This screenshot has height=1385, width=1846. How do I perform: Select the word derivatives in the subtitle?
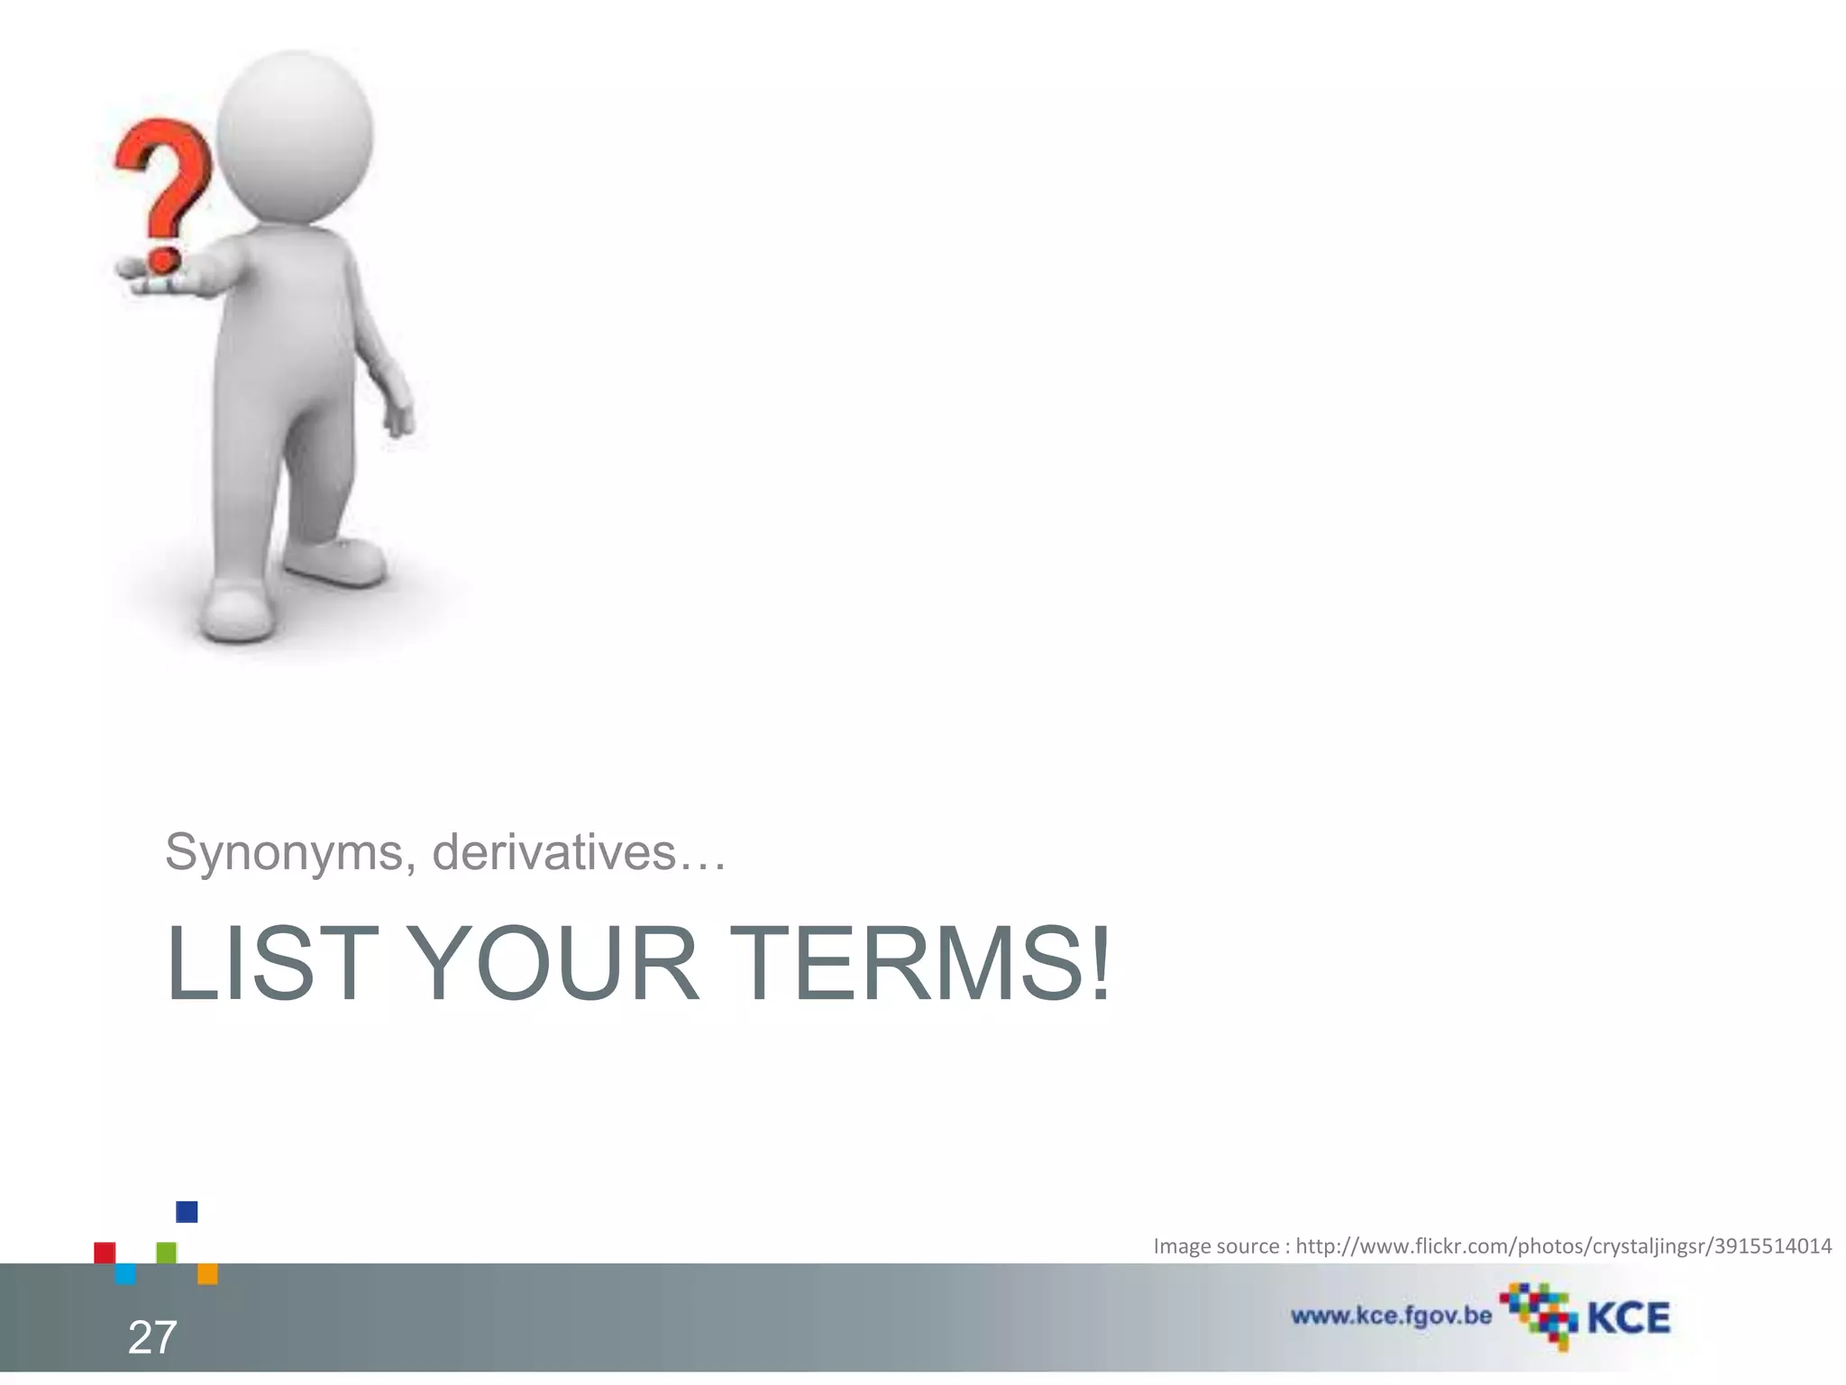[x=553, y=852]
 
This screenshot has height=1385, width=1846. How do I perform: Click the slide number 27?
[x=152, y=1337]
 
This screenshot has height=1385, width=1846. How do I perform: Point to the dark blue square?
[x=187, y=1212]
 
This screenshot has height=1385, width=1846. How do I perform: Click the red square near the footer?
[x=105, y=1252]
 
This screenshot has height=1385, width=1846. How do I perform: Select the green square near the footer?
[x=166, y=1252]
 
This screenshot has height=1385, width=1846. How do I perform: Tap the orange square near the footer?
[x=207, y=1273]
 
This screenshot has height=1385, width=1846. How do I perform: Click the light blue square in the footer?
[x=125, y=1273]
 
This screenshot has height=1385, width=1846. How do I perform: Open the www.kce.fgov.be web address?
[x=1391, y=1316]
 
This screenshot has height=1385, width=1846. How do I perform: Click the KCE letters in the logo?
[x=1628, y=1318]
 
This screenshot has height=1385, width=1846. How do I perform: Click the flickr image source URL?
[x=1563, y=1246]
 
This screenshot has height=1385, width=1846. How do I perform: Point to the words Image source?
[x=1216, y=1246]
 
